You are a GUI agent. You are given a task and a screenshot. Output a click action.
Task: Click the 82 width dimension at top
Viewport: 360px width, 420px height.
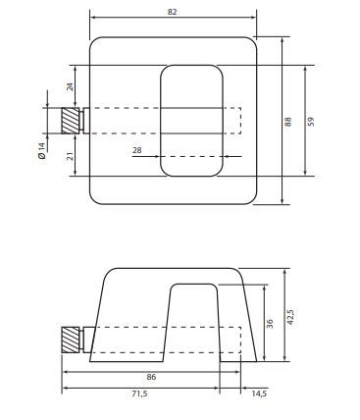pos(173,11)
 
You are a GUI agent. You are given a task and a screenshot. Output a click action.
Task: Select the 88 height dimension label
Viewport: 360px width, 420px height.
pos(288,120)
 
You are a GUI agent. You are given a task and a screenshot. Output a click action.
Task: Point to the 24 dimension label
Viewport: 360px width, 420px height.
pos(70,86)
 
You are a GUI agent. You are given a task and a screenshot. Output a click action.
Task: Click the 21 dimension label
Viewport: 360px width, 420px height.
pos(70,156)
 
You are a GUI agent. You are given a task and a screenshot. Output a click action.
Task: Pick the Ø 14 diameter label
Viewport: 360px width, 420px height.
pos(41,151)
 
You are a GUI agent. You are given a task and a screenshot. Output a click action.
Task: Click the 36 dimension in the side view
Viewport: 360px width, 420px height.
pos(270,324)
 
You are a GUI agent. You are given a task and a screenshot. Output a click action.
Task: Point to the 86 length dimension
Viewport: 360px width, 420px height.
pos(150,376)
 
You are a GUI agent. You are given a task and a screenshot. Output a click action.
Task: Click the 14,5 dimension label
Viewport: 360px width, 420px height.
pos(258,394)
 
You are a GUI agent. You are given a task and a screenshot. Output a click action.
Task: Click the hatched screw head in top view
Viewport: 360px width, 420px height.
pos(71,120)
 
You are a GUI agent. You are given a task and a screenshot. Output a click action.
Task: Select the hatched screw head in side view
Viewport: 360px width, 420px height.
pos(71,340)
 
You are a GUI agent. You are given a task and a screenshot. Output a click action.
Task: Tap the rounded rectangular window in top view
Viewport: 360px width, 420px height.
pos(190,120)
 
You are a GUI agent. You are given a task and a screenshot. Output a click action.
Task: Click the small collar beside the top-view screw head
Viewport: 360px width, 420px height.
pos(85,120)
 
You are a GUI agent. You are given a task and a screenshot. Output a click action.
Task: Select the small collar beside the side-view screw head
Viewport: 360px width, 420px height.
pos(87,340)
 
